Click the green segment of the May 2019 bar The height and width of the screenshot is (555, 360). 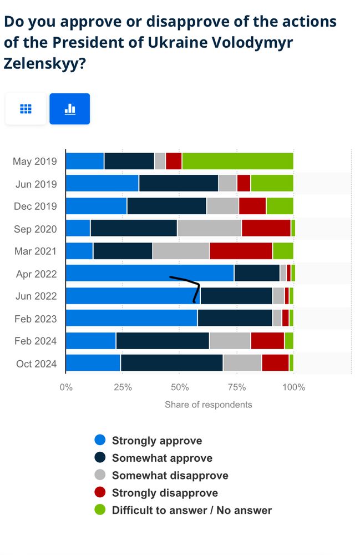coord(238,161)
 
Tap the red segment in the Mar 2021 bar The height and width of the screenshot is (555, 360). coord(241,251)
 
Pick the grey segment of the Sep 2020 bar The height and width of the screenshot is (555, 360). coord(209,228)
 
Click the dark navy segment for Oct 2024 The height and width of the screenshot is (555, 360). coord(171,363)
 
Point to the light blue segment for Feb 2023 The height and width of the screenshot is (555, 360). coord(131,318)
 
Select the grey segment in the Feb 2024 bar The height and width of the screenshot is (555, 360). coord(230,340)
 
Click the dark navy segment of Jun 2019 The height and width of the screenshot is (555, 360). coord(179,183)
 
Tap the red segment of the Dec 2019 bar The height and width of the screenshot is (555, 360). coord(252,205)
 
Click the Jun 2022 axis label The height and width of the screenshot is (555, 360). coord(36,296)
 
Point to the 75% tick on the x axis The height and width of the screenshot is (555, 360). coord(237,387)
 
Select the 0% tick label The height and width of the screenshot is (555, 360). coord(66,387)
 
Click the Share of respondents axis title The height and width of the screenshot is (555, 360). coord(208,405)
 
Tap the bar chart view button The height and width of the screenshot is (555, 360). coord(70,109)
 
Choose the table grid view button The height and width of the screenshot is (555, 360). coord(26,109)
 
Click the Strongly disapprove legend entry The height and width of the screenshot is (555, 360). coord(164,493)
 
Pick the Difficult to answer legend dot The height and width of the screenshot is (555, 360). coord(100,510)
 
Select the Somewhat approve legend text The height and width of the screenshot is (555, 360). coord(162,458)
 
